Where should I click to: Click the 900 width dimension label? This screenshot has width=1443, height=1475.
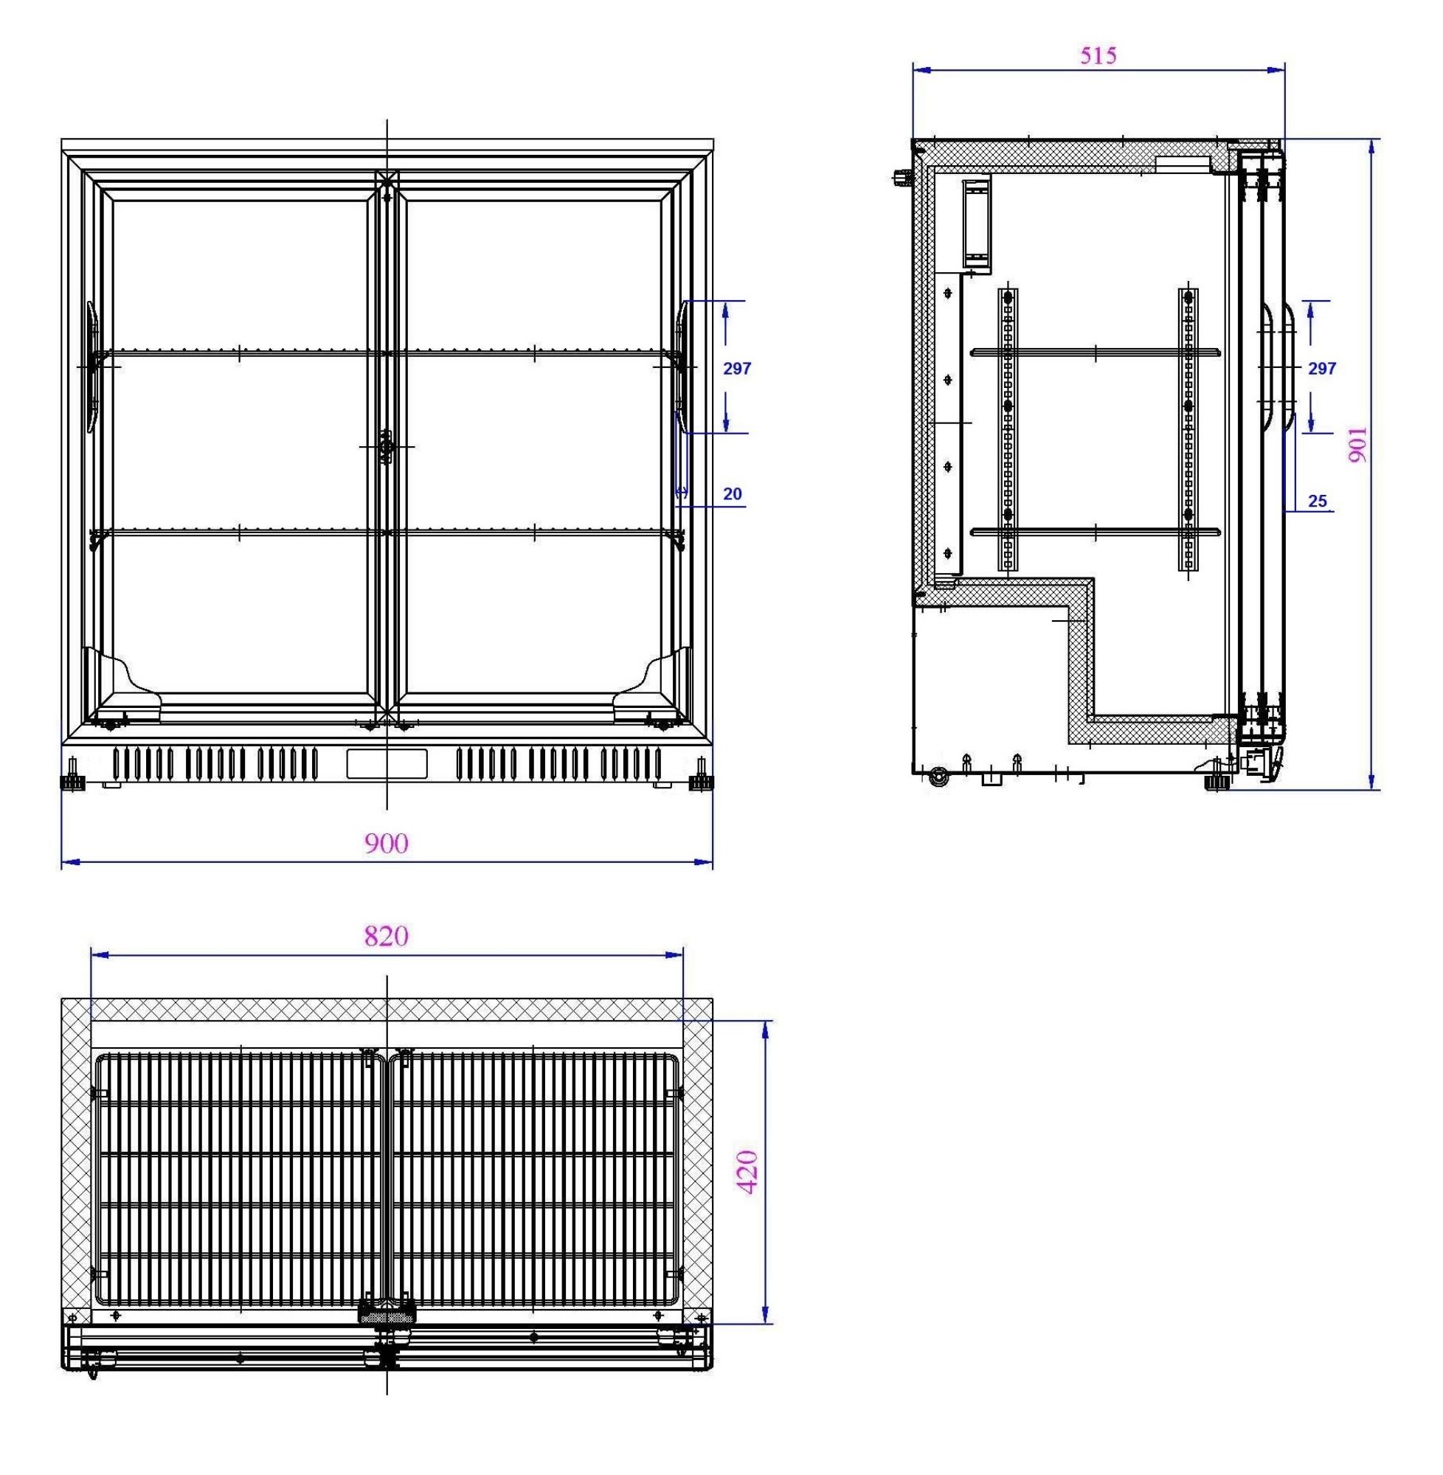click(387, 843)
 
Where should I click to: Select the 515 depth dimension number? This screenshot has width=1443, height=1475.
click(1098, 55)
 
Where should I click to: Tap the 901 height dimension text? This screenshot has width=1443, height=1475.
click(1358, 445)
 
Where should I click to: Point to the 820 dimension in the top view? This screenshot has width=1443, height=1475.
click(387, 937)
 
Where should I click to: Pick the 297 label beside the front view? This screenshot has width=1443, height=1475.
click(737, 368)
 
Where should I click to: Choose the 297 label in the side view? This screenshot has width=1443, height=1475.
click(1322, 368)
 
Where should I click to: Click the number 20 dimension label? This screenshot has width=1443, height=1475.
click(732, 494)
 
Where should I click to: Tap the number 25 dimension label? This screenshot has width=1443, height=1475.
click(1317, 501)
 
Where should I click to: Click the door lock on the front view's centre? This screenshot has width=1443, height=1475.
click(387, 446)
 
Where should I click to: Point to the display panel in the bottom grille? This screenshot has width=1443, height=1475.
click(387, 763)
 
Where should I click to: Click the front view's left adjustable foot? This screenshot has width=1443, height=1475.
click(72, 782)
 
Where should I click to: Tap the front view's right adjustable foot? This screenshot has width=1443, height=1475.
click(700, 782)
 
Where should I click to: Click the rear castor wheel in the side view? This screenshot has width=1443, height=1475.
click(939, 777)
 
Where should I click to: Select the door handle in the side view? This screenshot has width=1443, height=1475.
click(1278, 367)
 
